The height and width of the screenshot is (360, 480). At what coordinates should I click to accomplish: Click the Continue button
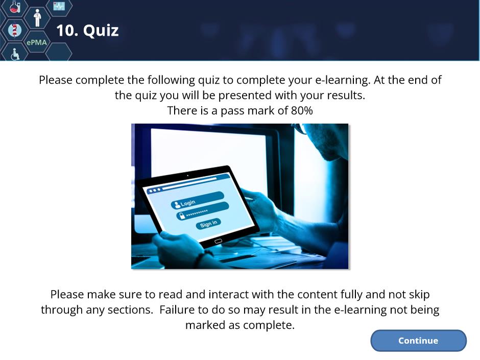coord(418,341)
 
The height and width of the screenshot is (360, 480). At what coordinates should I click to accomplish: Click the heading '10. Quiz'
coord(87,30)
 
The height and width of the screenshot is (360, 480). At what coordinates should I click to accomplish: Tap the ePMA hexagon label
coord(37,42)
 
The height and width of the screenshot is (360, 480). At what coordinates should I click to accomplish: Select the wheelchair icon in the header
coord(15,54)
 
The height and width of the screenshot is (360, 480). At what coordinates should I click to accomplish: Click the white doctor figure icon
coord(37,18)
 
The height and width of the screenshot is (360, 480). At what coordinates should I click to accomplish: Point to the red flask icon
coord(15,7)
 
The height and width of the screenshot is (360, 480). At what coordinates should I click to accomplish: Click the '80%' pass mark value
coord(302,110)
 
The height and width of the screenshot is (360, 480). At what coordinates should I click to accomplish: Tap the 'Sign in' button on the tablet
coord(208,224)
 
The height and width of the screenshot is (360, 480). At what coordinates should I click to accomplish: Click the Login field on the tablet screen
coord(198,200)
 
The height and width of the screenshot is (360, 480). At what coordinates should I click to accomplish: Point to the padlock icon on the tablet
coord(182,216)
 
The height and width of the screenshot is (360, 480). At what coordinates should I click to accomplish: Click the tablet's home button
coord(218,241)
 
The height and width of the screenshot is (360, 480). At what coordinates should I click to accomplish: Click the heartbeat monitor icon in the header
coord(59,6)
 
